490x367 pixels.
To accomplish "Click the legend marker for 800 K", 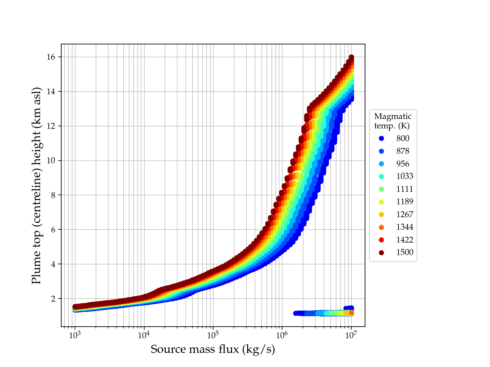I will pyautogui.click(x=381, y=139).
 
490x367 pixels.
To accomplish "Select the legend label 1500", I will pyautogui.click(x=405, y=252).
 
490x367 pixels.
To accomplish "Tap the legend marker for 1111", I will pyautogui.click(x=381, y=189).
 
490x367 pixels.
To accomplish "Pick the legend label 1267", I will pyautogui.click(x=405, y=214).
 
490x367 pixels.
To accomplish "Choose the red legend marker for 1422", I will pyautogui.click(x=381, y=240).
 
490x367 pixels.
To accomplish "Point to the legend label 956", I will pyautogui.click(x=403, y=164).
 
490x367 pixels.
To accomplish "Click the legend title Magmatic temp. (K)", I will pyautogui.click(x=393, y=121).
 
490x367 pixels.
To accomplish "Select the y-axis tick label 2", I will pyautogui.click(x=55, y=299).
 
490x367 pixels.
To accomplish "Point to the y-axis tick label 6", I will pyautogui.click(x=55, y=230).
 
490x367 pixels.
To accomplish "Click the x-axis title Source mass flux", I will pyautogui.click(x=213, y=349).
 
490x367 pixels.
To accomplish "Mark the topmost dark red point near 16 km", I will pyautogui.click(x=352, y=57).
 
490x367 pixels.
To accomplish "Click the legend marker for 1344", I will pyautogui.click(x=381, y=227).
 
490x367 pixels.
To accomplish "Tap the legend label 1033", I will pyautogui.click(x=405, y=176).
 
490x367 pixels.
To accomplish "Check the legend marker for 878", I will pyautogui.click(x=381, y=151).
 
